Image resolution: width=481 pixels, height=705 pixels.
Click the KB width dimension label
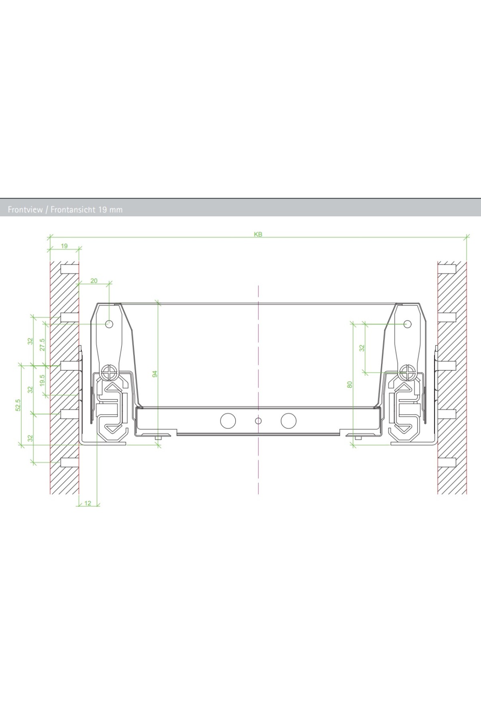click(x=258, y=234)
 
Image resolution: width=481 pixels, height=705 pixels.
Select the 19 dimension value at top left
click(x=65, y=246)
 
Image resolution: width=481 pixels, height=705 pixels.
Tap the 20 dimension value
click(x=94, y=281)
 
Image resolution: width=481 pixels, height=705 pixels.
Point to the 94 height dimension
click(x=155, y=373)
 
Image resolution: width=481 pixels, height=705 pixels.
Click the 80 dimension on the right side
click(x=350, y=384)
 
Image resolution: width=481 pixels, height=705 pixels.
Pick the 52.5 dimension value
click(x=18, y=405)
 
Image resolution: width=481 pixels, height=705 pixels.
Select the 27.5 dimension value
click(x=42, y=345)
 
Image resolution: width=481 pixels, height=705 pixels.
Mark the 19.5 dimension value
click(x=42, y=381)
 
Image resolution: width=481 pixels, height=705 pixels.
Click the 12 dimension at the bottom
click(x=88, y=503)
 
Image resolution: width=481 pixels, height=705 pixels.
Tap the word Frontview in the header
click(x=25, y=209)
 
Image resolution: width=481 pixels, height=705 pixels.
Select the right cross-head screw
click(x=408, y=373)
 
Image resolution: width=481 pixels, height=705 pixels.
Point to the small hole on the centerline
click(x=259, y=421)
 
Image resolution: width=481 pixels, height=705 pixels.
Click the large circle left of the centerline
click(x=228, y=421)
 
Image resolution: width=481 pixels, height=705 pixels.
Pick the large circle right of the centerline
click(x=289, y=421)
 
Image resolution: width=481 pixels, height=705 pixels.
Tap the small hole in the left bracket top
click(x=109, y=324)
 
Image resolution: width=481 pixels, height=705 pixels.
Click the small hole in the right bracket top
click(x=407, y=324)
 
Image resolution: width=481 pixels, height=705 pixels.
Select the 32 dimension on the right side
click(x=362, y=348)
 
